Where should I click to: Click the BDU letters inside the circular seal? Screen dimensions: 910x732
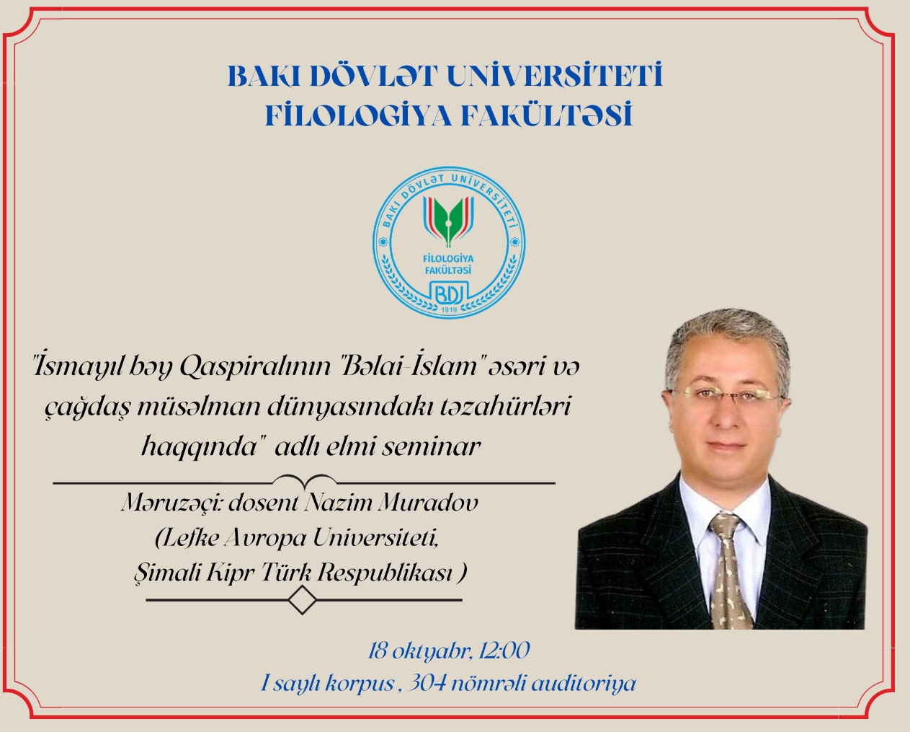(449, 293)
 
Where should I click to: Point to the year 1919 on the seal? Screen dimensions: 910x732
(449, 310)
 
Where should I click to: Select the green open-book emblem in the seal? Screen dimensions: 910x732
(449, 220)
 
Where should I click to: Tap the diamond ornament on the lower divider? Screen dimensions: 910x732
(302, 600)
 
